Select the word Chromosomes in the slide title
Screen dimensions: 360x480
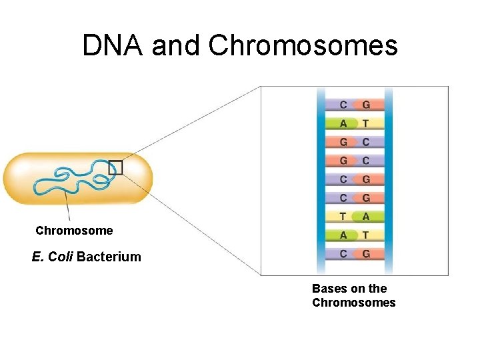(x=303, y=45)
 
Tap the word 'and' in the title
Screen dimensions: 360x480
(x=177, y=45)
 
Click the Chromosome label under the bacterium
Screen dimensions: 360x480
(x=74, y=231)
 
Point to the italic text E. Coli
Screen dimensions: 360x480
(x=52, y=257)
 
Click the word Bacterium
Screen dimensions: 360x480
(x=109, y=257)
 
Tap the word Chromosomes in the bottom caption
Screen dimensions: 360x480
(x=353, y=303)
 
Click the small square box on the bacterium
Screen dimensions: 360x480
(x=116, y=167)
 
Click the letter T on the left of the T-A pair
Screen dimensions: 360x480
(x=343, y=216)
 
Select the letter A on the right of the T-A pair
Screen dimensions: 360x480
(x=365, y=216)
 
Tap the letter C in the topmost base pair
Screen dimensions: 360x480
(x=343, y=105)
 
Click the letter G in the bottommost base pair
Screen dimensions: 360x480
(x=365, y=253)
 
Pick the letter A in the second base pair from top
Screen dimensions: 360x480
(x=343, y=123)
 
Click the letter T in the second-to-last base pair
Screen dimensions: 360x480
(x=365, y=235)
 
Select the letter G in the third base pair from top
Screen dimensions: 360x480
(x=343, y=142)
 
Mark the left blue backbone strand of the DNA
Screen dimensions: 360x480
(x=321, y=180)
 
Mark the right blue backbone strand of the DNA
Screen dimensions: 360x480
(x=388, y=180)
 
